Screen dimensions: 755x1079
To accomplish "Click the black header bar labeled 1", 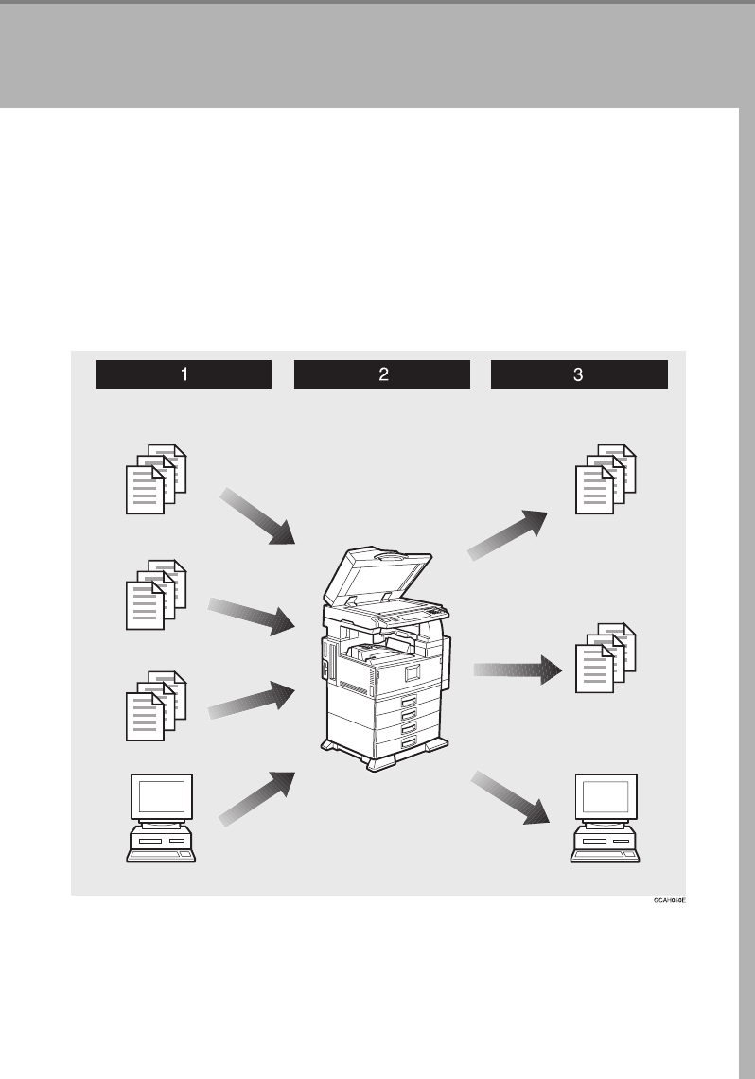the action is click(183, 374).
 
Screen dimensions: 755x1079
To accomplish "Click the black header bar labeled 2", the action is click(382, 374).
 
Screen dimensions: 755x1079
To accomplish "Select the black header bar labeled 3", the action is click(579, 374).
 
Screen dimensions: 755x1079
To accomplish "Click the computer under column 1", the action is click(162, 818).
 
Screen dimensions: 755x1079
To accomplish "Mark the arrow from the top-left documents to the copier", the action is click(257, 517).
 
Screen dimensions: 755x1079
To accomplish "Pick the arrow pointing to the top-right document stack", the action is click(509, 535).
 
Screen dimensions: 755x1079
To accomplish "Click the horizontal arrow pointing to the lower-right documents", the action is click(518, 671).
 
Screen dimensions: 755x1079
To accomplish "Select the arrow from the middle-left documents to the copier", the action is click(251, 617).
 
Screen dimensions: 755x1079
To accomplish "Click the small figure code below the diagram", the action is click(668, 902).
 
